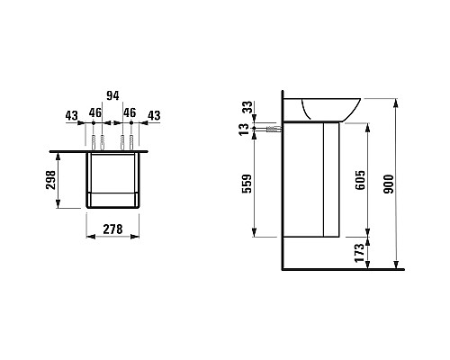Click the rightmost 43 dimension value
[154, 115]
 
